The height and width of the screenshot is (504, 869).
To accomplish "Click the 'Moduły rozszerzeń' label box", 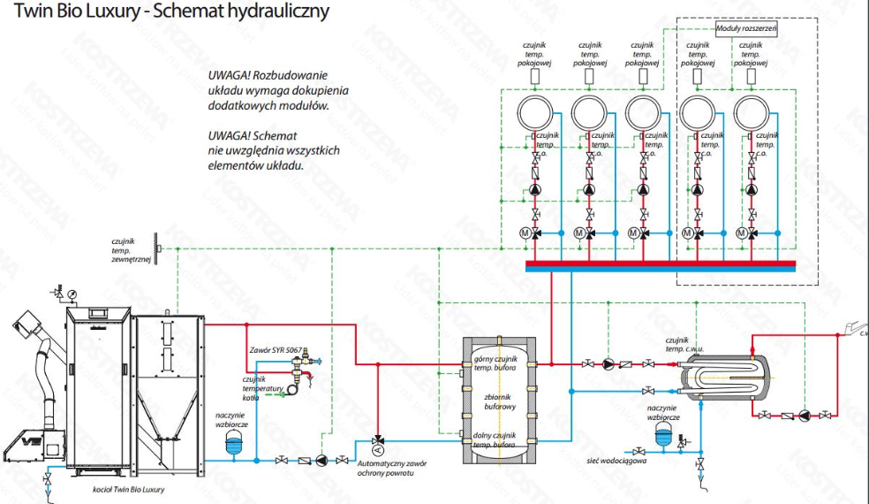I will click(x=746, y=30).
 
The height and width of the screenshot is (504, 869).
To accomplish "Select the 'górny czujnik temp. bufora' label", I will click(x=495, y=363).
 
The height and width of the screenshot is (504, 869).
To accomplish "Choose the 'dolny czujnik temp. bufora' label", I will click(x=495, y=439).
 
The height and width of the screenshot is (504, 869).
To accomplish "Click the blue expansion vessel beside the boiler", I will click(x=234, y=443).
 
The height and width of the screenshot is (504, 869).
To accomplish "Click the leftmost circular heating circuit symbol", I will click(x=534, y=113).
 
